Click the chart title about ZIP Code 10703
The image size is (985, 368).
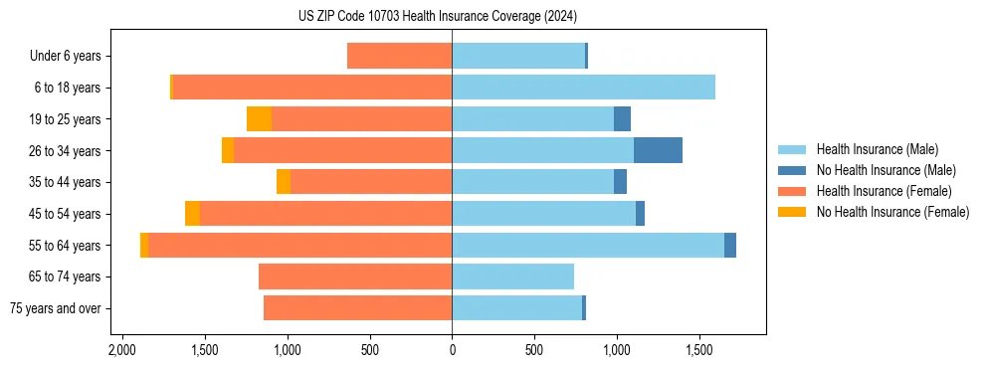click(452, 16)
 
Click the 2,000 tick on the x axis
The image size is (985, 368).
click(122, 350)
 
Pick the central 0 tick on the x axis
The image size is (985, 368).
click(452, 350)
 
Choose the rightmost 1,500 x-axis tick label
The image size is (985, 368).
click(699, 350)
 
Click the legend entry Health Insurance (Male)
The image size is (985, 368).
click(876, 149)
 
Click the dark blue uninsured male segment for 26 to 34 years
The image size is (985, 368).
click(658, 150)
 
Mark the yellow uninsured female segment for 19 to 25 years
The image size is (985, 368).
click(259, 119)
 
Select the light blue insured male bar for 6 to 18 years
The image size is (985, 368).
click(583, 88)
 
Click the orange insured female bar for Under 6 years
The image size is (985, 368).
click(399, 56)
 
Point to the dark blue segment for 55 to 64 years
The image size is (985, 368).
click(730, 245)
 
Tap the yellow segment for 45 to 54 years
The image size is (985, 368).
click(192, 214)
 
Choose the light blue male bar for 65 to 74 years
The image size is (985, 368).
click(512, 276)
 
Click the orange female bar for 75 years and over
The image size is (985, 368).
click(357, 308)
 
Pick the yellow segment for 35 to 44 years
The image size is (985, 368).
click(284, 182)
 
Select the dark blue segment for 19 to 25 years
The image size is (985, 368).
click(622, 119)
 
